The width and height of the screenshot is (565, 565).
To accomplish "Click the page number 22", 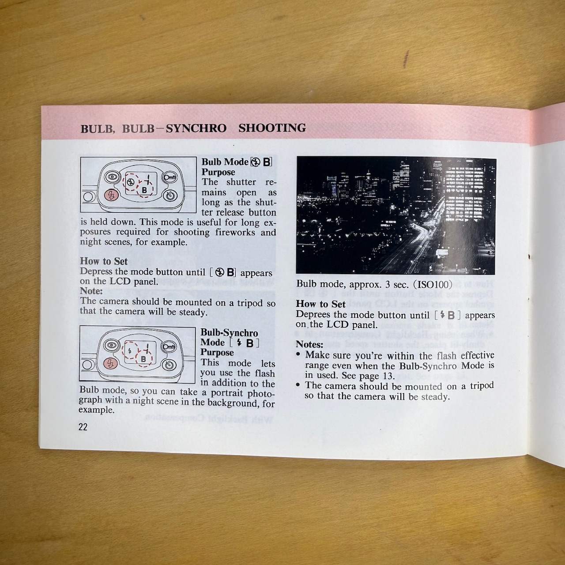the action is [x=83, y=426].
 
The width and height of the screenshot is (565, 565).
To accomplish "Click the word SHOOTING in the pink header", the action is [x=272, y=128].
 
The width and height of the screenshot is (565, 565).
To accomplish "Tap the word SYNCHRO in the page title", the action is [x=196, y=128].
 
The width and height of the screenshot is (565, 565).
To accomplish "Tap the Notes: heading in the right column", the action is [x=309, y=344].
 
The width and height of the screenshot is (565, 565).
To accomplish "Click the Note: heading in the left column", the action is [x=91, y=291].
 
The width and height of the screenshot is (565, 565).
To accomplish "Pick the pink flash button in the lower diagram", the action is [x=110, y=364].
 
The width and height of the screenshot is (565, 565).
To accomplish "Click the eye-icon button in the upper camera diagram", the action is [x=112, y=177].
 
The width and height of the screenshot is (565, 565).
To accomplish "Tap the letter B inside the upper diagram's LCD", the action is [x=144, y=190].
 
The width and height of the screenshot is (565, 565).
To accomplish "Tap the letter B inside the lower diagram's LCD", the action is [x=143, y=359].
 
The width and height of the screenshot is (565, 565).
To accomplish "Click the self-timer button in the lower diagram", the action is [x=170, y=365].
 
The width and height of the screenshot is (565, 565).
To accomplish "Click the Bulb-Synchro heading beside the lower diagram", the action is [x=229, y=333].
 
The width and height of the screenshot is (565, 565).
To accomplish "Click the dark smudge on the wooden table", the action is [x=406, y=59].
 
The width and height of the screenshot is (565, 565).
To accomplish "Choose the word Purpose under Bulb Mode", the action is [x=218, y=172].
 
